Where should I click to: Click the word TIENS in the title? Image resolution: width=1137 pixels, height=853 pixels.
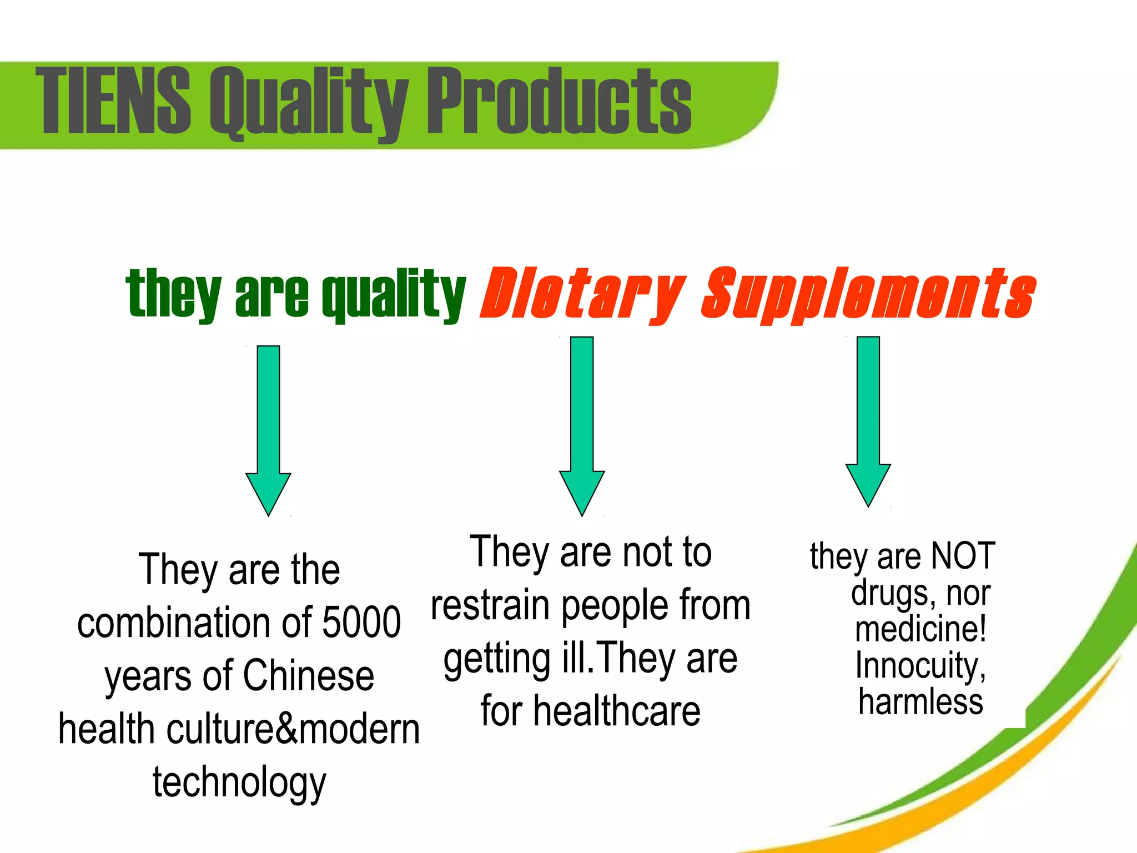[113, 100]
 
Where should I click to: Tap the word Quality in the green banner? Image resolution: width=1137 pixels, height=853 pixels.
[309, 103]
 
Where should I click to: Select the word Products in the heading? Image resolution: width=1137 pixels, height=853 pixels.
[559, 100]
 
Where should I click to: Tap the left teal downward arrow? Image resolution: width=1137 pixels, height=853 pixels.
[269, 430]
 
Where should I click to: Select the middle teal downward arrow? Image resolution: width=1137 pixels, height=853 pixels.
[582, 425]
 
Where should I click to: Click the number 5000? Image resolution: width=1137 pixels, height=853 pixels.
[361, 623]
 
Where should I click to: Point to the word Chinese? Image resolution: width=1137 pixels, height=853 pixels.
[309, 675]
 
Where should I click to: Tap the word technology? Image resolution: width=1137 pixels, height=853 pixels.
[239, 782]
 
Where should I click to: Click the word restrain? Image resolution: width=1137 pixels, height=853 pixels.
[490, 605]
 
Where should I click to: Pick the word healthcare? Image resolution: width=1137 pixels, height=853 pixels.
[617, 711]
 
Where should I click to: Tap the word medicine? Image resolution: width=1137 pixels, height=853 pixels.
[920, 629]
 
